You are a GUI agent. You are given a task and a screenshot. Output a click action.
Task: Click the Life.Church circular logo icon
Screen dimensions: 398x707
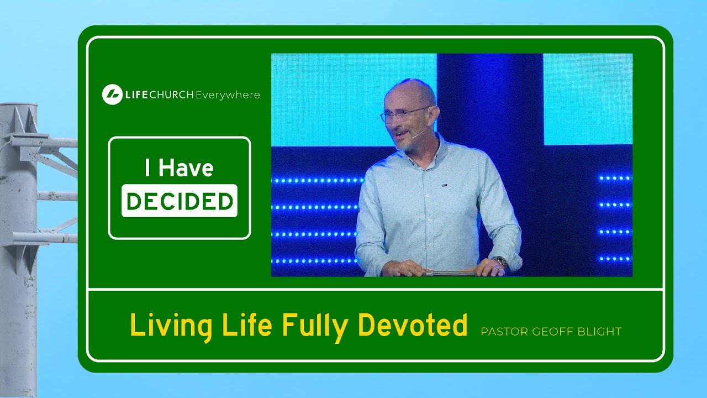coord(112,95)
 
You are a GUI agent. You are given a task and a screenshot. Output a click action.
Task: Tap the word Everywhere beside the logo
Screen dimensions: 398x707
coord(228,95)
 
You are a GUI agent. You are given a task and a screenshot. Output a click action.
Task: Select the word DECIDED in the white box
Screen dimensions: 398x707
coord(180,201)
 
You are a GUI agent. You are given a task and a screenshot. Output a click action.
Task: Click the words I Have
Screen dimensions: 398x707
coord(179,169)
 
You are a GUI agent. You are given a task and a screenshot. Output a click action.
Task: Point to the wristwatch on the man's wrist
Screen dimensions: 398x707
coord(500,260)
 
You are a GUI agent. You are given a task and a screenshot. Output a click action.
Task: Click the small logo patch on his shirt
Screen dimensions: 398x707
coord(444,185)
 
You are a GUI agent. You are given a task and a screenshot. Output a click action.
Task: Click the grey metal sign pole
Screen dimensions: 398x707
coord(19,249)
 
